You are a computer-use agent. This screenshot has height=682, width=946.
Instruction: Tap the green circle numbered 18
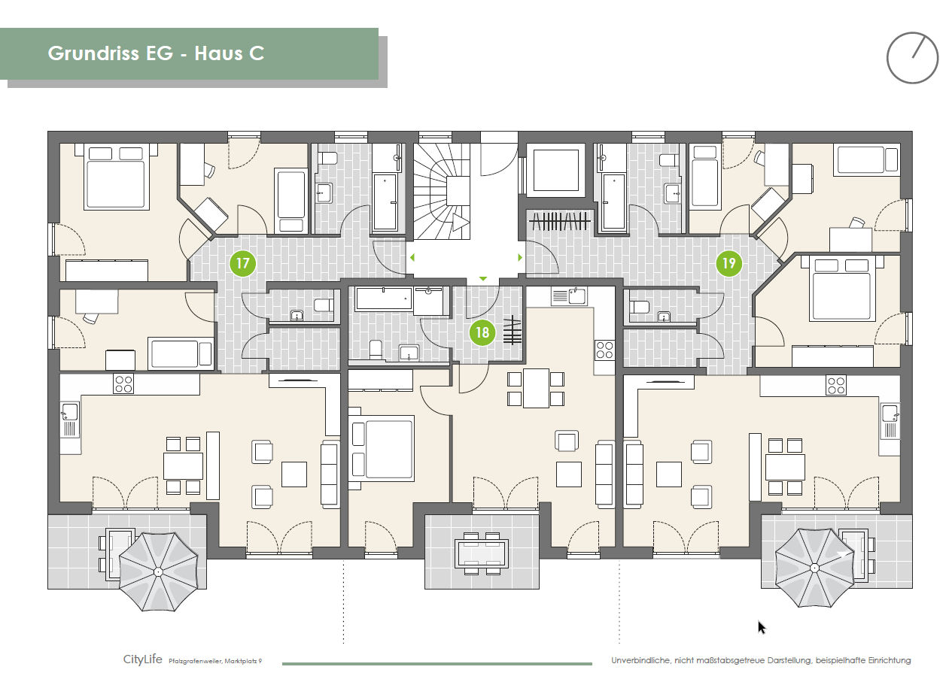482,332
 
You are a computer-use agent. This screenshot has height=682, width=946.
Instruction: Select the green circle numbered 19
729,264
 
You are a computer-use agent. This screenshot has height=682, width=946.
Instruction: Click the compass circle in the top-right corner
912,57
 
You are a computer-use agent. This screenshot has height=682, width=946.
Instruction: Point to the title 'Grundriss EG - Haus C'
156,53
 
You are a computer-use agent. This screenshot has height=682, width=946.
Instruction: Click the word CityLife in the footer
143,659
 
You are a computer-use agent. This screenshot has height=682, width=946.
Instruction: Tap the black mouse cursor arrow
762,627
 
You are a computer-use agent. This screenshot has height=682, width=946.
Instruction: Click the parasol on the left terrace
159,571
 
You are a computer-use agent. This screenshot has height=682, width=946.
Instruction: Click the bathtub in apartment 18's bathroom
384,299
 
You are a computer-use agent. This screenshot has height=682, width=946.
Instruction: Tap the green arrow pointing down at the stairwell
483,279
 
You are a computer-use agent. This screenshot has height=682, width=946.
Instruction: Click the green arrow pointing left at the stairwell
411,258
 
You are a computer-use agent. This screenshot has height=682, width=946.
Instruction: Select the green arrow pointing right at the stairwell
520,258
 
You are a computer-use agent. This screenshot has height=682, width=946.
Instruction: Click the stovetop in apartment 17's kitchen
123,384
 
